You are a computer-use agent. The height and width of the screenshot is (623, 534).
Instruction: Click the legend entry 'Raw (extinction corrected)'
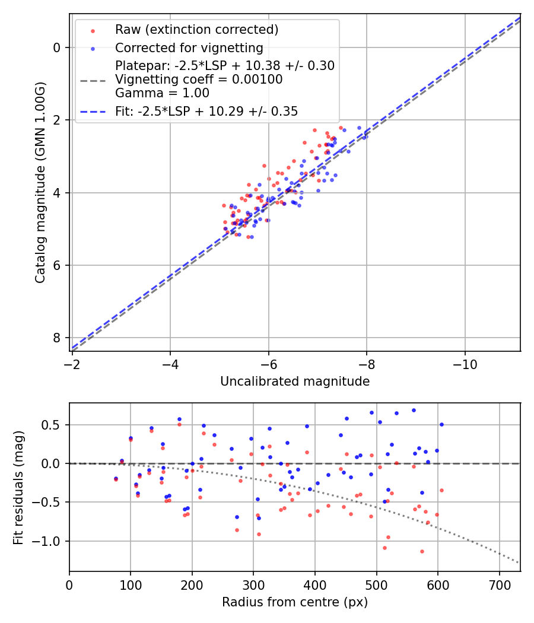pos(196,30)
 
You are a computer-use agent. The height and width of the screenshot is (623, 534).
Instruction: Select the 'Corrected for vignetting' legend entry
pos(189,48)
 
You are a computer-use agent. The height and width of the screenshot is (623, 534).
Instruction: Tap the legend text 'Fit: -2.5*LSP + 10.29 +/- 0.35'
pos(206,111)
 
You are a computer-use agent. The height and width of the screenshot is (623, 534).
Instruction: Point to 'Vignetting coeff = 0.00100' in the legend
pos(199,80)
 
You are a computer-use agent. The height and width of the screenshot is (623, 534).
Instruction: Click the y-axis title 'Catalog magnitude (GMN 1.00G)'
pos(40,183)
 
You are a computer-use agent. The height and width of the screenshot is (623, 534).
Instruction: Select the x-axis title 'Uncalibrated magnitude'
pos(295,382)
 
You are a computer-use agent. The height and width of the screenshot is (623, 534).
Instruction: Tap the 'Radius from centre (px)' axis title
pos(295,602)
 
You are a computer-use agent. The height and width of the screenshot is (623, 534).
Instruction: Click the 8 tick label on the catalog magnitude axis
pos(58,338)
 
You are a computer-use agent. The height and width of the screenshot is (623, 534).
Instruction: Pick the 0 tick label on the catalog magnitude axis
pos(58,47)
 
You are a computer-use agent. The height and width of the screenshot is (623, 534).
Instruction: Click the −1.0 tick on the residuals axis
pos(50,541)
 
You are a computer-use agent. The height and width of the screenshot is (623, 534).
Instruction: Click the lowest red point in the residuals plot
pos(422,551)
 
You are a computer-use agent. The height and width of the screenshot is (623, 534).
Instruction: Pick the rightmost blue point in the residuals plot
pos(441,424)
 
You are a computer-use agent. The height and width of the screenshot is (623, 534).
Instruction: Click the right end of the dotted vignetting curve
pos(519,562)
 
